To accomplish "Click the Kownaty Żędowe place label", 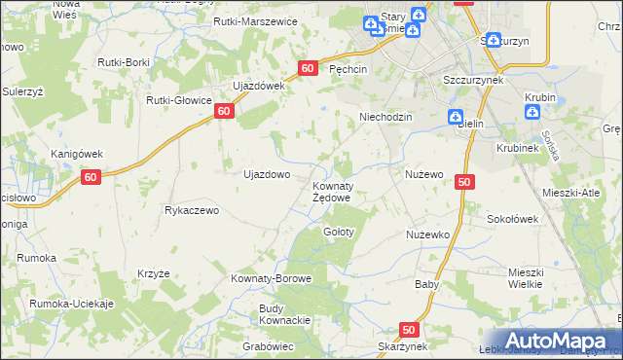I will pos(331,191).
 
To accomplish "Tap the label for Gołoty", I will pos(339,232).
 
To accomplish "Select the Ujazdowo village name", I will pos(266,175).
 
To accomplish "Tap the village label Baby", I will pos(427,285).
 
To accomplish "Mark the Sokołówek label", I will pos(513,220).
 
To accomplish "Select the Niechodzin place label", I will pos(386,117).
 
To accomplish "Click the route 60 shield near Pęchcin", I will pos(308,68).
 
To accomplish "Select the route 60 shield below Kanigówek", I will pos(91,178).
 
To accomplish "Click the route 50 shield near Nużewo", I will pos(463,182).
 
